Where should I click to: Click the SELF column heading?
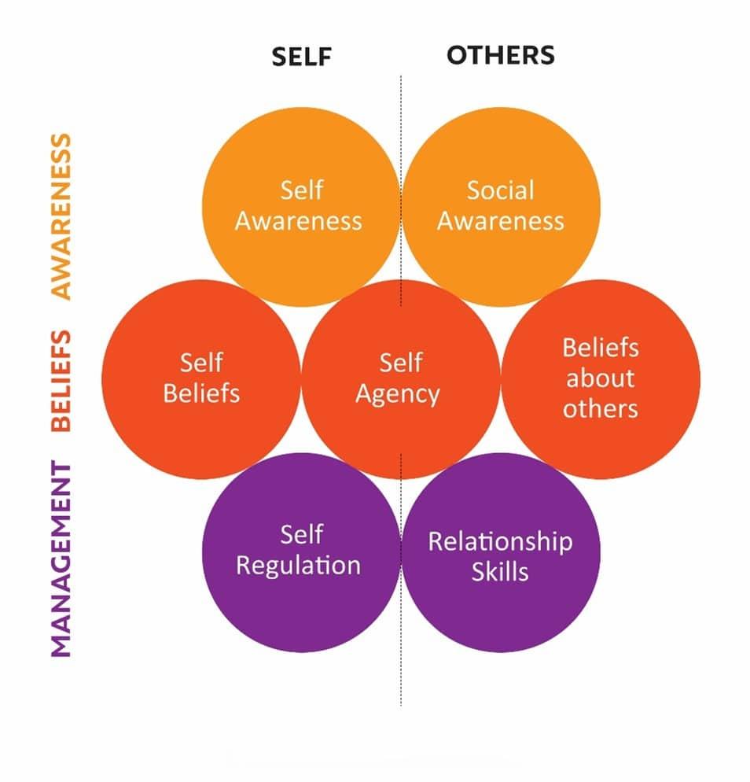click(x=302, y=56)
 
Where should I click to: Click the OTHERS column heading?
click(x=501, y=55)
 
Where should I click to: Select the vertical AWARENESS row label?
click(x=61, y=216)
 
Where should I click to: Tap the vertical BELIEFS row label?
click(x=61, y=381)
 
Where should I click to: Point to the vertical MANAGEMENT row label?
click(x=61, y=559)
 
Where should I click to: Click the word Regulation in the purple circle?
click(x=299, y=566)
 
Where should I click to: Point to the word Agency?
click(x=398, y=394)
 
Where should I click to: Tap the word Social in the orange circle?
click(x=501, y=190)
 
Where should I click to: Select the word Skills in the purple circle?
click(x=500, y=572)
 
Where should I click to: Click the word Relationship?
click(x=500, y=542)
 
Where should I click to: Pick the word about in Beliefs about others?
click(x=601, y=378)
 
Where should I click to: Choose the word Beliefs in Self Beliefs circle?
click(x=201, y=393)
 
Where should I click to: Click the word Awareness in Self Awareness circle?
click(x=299, y=220)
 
